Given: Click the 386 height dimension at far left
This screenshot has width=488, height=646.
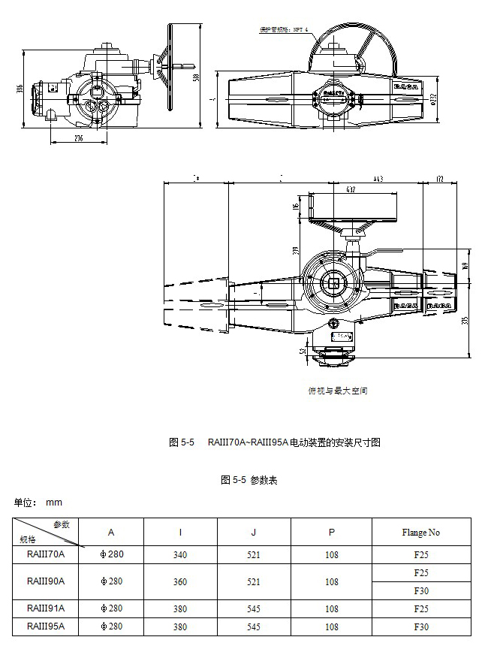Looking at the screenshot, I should point(21,89).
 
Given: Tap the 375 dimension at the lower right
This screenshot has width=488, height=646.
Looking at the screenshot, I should point(465,320).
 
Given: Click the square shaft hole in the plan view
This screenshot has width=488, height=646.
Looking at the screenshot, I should point(333,284).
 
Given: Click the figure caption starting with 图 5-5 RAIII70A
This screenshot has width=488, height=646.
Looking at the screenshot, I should point(274,442).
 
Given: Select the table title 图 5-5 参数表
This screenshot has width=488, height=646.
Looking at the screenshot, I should point(249,480).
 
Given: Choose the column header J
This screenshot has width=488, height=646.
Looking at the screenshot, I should point(254,533).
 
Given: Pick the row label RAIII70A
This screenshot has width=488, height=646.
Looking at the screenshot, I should point(46,554).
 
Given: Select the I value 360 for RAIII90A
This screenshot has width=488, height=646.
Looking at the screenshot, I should point(180,581).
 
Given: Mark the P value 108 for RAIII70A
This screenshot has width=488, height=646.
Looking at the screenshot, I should point(332,555).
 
